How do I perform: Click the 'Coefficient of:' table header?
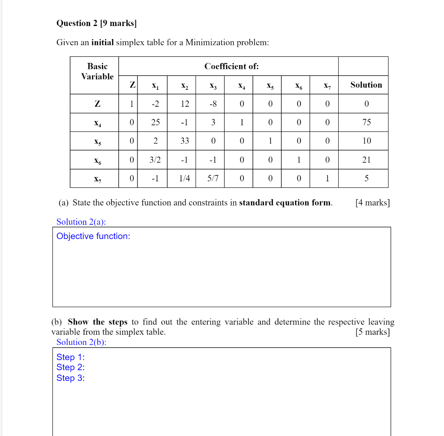(232, 66)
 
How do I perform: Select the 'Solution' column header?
(366, 85)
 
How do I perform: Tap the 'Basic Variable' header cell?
(97, 72)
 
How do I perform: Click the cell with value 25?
(155, 122)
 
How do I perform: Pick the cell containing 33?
(185, 141)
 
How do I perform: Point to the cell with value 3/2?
(155, 160)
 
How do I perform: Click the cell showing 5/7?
(213, 178)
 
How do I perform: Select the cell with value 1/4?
(185, 178)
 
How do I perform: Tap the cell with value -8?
(213, 104)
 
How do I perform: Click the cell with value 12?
(185, 104)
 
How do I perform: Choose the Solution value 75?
(366, 122)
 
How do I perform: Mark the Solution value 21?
(366, 160)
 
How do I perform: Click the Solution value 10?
(366, 141)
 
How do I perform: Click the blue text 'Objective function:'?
(93, 236)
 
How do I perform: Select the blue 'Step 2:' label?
(70, 367)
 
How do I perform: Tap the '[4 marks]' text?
(372, 203)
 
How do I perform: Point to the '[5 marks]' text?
(372, 332)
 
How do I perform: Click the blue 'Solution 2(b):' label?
(81, 342)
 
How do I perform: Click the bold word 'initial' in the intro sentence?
(102, 43)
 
